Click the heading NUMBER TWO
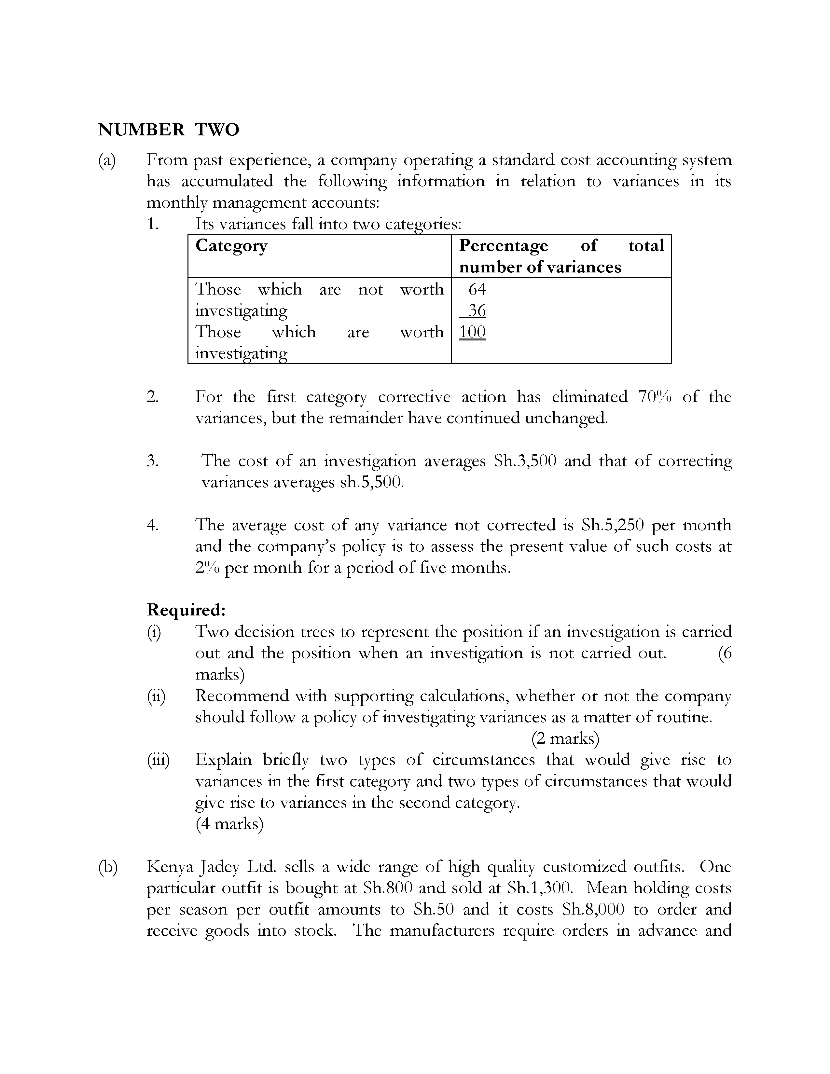(x=169, y=130)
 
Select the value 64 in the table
(x=477, y=289)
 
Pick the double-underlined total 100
(x=472, y=332)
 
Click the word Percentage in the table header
(x=503, y=245)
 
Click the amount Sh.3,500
(x=525, y=461)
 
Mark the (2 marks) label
(x=565, y=738)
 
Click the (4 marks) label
(x=229, y=824)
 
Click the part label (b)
(x=108, y=867)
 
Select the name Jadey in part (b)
(x=220, y=867)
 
